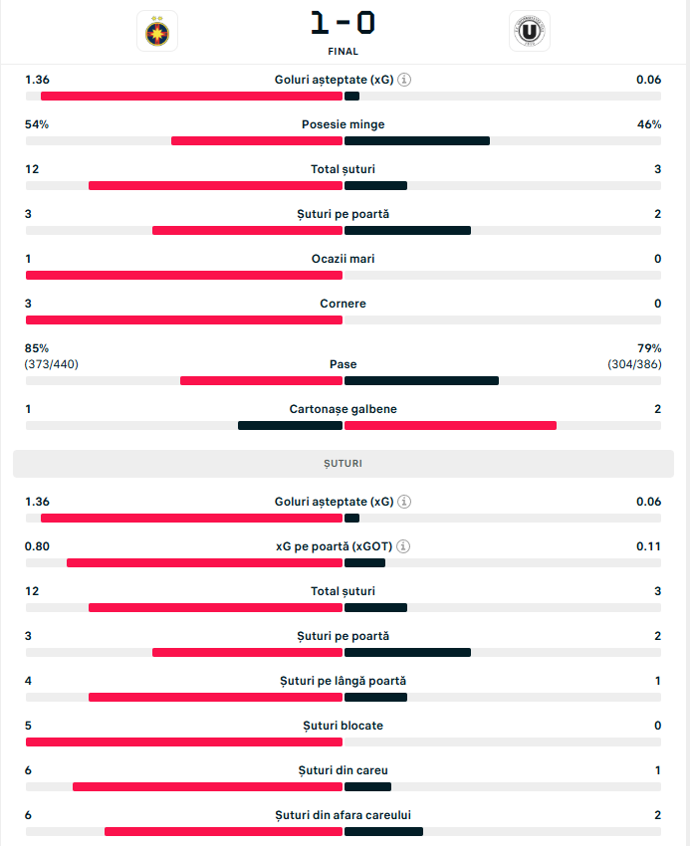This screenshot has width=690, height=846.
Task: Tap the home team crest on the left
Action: [157, 32]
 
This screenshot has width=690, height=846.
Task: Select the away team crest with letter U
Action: [529, 32]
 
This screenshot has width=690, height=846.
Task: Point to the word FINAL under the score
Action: [343, 52]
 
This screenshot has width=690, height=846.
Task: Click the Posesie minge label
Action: [343, 124]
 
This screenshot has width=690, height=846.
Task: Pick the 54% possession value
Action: [37, 124]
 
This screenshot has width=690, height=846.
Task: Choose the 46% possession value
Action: [649, 124]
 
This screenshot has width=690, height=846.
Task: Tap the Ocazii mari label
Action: [343, 259]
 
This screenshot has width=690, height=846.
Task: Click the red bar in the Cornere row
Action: [184, 320]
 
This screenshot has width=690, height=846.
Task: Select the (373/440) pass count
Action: [52, 364]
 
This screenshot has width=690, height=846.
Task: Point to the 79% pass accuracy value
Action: [649, 348]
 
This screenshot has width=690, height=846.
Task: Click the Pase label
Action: [343, 364]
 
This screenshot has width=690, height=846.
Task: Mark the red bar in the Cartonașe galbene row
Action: [450, 426]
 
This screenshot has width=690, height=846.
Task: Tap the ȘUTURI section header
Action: [343, 464]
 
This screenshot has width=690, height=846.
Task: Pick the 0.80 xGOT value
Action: [37, 546]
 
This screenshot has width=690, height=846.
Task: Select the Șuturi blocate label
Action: [343, 726]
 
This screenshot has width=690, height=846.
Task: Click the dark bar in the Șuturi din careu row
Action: [367, 787]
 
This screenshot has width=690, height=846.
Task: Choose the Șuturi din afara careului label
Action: [343, 815]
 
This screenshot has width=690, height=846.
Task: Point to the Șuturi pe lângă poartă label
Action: [343, 681]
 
